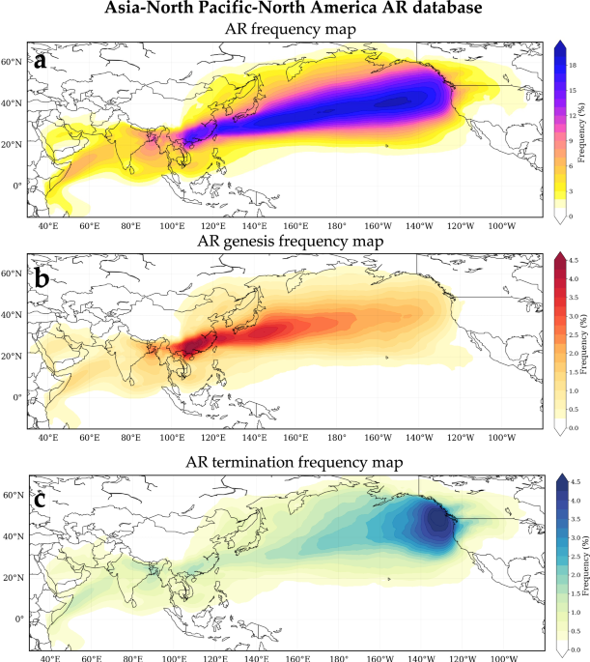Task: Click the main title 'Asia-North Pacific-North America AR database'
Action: tap(295, 10)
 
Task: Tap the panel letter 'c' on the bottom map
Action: tap(41, 500)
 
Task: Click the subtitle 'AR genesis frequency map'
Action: tap(291, 240)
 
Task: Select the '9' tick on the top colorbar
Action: tap(569, 141)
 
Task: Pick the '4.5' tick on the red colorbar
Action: tap(573, 260)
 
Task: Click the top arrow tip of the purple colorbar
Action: tap(564, 43)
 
